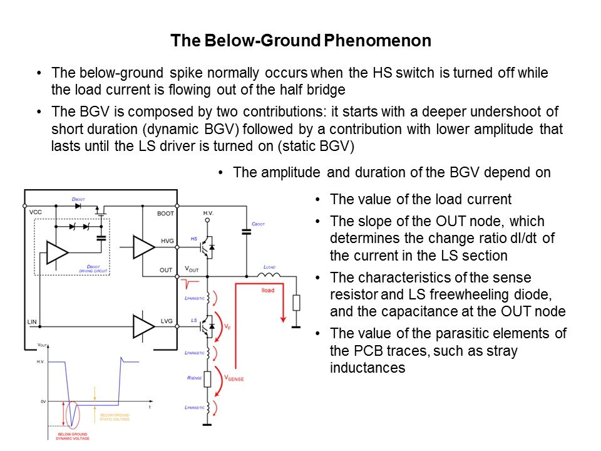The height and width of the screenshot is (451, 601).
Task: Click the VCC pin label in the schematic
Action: [36, 213]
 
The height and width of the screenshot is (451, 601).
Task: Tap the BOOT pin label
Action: [165, 213]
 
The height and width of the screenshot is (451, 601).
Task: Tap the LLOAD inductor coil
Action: [270, 274]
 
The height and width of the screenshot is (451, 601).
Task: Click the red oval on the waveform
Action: [73, 414]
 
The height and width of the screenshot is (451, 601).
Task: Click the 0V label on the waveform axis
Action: [42, 401]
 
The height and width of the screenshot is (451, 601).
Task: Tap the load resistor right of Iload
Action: [296, 303]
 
